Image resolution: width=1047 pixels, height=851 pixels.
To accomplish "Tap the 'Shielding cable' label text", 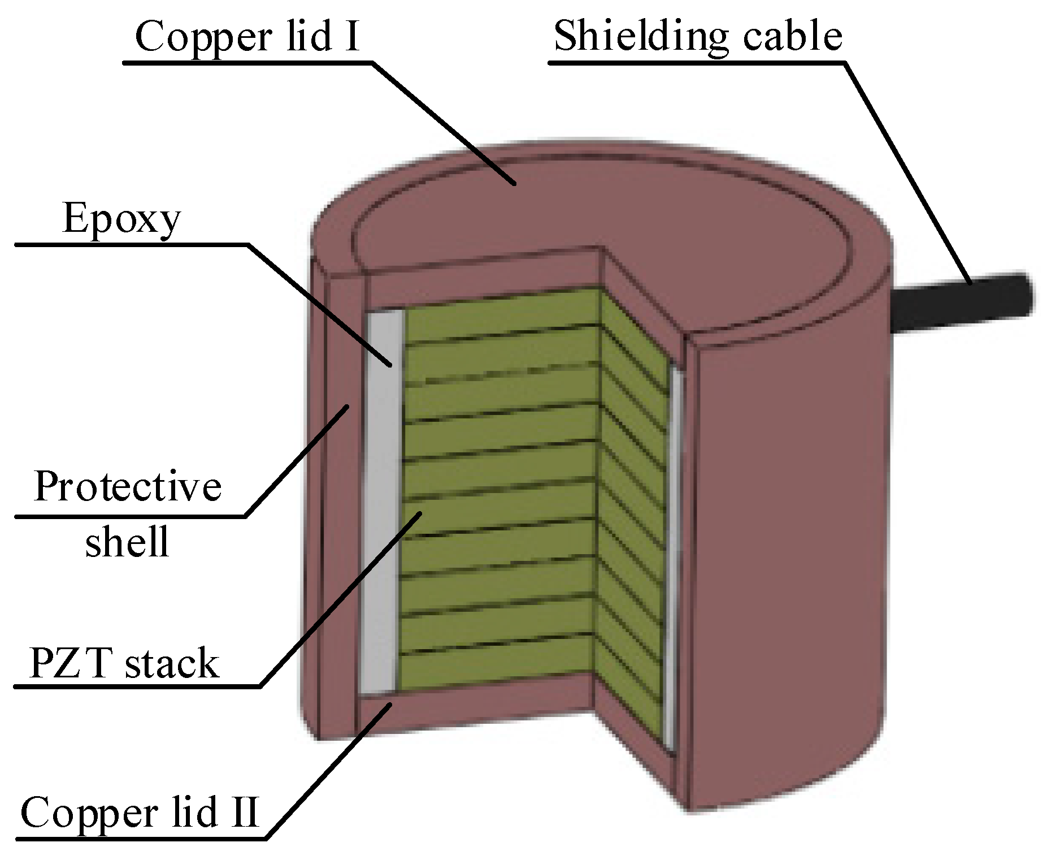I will (698, 36).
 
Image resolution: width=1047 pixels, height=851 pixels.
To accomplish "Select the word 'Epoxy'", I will (121, 219).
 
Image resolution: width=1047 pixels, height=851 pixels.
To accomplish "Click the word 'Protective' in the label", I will (127, 486).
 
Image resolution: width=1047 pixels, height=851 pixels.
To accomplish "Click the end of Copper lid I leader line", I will (514, 184).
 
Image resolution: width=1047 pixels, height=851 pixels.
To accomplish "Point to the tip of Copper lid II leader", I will (392, 703).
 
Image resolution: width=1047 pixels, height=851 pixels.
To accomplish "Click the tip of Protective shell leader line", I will (348, 405).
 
